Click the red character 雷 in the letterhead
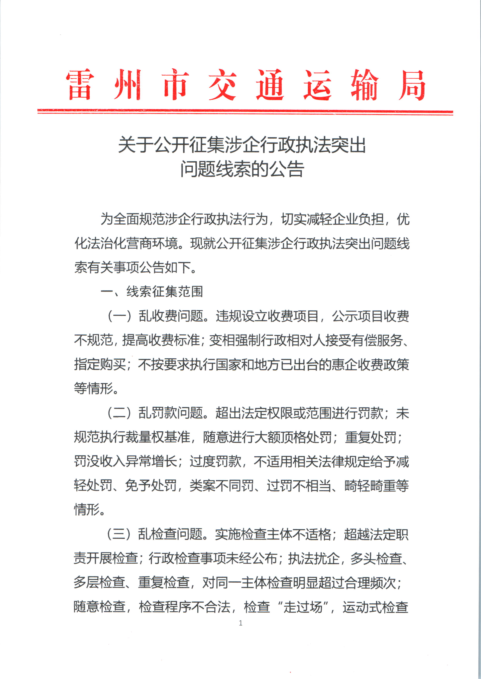click(x=80, y=85)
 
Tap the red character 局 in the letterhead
click(x=411, y=85)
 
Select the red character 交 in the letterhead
click(x=222, y=85)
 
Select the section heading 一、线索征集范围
click(x=152, y=292)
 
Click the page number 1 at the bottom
click(x=241, y=623)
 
